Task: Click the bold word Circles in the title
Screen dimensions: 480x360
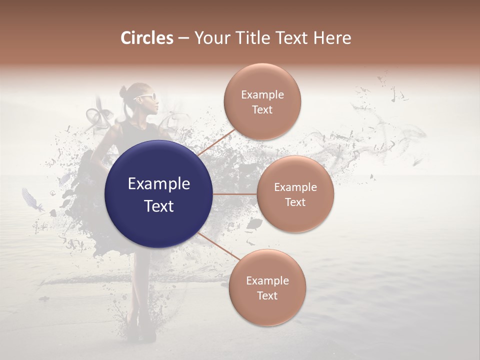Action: [147, 38]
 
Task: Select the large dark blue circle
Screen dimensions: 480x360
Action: [159, 194]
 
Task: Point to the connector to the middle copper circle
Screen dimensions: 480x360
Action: [235, 194]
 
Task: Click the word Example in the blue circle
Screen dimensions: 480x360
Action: [159, 184]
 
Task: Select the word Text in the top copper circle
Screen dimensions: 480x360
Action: [262, 110]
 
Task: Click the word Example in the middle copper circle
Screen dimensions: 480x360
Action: [295, 187]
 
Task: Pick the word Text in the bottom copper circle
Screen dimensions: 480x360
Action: [267, 295]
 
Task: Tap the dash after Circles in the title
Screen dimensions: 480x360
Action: [183, 38]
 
